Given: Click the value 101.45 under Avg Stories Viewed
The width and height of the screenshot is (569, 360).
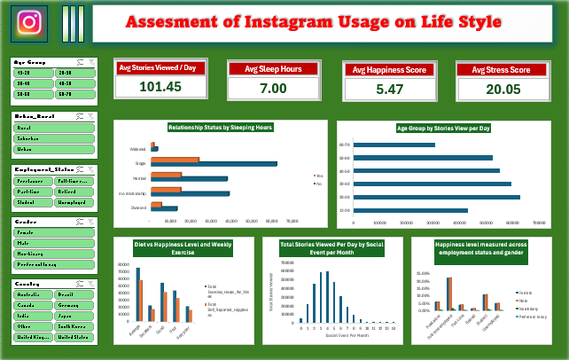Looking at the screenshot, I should point(160,86).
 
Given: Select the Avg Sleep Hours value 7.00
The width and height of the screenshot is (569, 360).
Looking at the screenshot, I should point(273,88).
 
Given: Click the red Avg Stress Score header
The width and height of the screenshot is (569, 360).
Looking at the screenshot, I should point(503,69).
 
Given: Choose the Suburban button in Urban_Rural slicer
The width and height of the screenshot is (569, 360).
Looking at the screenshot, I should point(53,138).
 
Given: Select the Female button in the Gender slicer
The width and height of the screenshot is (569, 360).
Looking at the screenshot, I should point(53,231).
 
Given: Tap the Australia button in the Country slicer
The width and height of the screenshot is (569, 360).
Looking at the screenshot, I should point(33,293).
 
